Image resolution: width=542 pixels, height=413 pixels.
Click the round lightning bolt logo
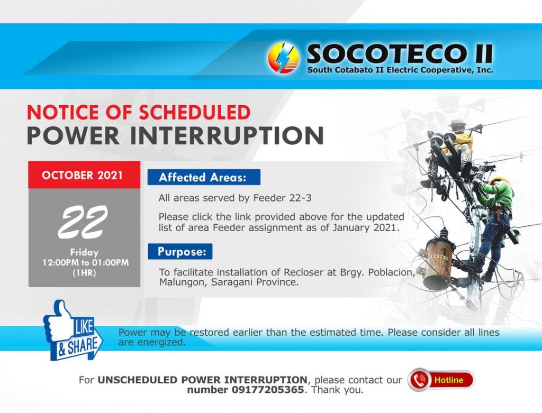(x=284, y=58)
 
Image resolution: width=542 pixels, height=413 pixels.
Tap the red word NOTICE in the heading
(x=62, y=112)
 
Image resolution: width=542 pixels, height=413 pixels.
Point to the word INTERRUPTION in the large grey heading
(x=227, y=135)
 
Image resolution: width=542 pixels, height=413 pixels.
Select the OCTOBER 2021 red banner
(x=84, y=175)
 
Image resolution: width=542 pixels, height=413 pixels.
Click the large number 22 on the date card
(x=83, y=222)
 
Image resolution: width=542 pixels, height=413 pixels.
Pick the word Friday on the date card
(x=84, y=252)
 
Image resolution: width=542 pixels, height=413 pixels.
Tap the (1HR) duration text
(x=84, y=273)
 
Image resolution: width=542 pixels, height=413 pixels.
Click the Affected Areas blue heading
(x=204, y=177)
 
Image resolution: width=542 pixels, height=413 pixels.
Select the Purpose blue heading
(x=180, y=251)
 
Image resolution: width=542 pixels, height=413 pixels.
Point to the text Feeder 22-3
(x=282, y=198)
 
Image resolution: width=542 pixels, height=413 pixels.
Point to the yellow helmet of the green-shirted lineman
(x=499, y=181)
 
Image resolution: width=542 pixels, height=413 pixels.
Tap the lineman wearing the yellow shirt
(x=456, y=145)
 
